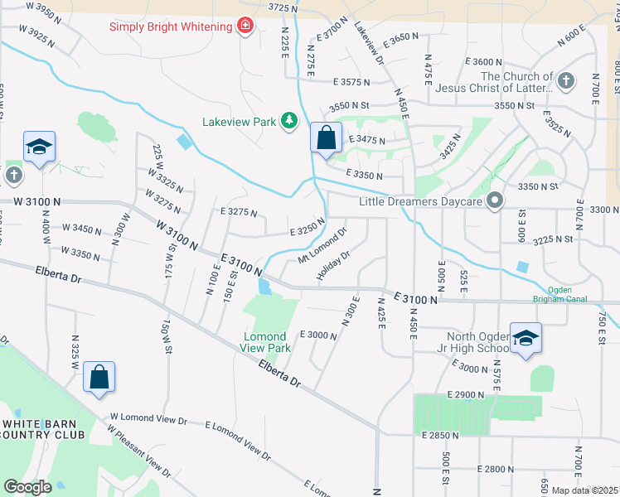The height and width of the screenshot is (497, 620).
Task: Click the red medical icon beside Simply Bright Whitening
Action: (245, 27)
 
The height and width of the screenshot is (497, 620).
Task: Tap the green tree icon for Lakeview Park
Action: (288, 122)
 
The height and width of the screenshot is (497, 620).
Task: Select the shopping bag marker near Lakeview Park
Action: (327, 138)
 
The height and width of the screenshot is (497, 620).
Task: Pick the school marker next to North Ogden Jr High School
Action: (526, 338)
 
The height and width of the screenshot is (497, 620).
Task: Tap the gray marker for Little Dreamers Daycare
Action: (496, 200)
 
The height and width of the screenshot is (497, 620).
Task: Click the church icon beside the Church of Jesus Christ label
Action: (565, 81)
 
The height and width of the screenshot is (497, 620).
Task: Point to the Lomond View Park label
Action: (267, 342)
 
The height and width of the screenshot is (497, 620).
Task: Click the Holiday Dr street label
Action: (335, 265)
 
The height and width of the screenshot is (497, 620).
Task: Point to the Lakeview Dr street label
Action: (369, 44)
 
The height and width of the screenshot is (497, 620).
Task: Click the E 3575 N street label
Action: (362, 82)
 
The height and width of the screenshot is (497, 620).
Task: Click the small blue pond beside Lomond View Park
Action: (264, 287)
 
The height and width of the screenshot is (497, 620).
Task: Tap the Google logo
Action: (27, 487)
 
